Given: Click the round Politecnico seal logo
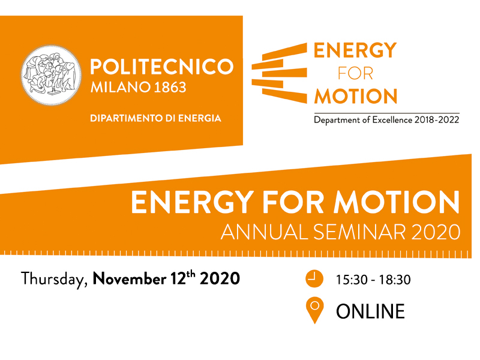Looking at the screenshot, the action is pos(51,76).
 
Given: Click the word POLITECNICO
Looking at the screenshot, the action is pos(162,67).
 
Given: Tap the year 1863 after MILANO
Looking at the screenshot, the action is pos(170,87).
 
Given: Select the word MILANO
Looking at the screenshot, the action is pos(121,87).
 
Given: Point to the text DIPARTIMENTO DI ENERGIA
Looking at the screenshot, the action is pos(155,118).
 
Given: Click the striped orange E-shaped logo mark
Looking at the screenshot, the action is pos(279,73).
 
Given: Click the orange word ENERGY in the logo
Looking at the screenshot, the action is pos(355,50).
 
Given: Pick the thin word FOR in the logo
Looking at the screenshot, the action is pos(355,73).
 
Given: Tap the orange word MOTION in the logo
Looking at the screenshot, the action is pos(356,96).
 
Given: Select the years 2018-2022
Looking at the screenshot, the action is pos(437,119).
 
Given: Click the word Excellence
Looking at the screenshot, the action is pos(392,119).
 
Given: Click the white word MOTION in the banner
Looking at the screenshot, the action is pos(397,202).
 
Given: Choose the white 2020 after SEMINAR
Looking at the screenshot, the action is pos(436,232).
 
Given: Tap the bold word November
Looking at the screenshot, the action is pos(130,278).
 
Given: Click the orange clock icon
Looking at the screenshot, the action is pos(314,278).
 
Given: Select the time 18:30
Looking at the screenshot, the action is pos(395,280).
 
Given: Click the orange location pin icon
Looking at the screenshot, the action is pos(314,310).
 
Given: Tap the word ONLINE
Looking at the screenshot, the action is pos(370,311).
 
